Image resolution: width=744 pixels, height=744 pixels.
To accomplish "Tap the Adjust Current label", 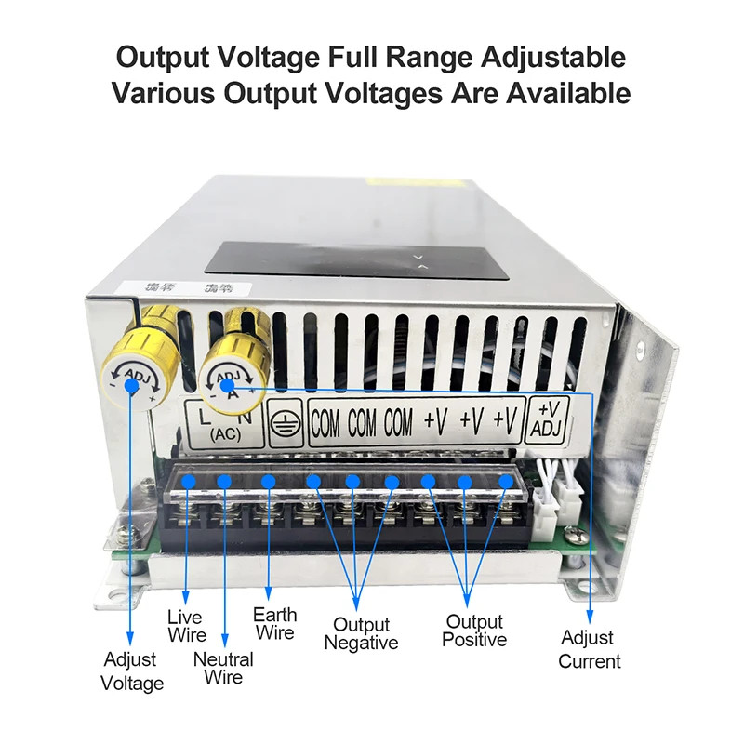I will tap(589, 649).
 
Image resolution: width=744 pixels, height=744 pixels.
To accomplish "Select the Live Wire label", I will tap(186, 625).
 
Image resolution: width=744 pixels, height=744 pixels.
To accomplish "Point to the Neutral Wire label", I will tap(225, 667).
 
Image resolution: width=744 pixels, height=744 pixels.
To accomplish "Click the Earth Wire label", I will tap(275, 623).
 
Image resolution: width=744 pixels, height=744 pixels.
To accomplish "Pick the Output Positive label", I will tap(474, 631).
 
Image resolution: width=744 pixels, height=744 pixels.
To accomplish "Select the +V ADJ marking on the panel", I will tap(549, 418).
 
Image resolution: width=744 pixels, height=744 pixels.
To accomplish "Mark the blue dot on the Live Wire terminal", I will tap(189, 481).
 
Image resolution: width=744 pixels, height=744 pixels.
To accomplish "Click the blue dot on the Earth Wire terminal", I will tap(268, 481).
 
